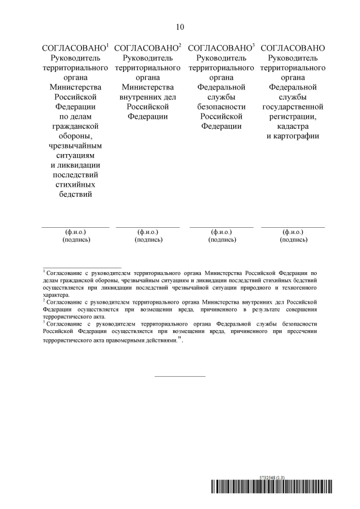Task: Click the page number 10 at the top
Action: tap(180, 26)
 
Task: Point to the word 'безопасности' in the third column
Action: tap(222, 107)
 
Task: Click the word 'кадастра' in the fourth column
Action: tap(293, 127)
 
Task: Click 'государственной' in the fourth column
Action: tap(293, 107)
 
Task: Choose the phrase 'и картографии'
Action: tap(293, 136)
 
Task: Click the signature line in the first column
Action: tap(75, 227)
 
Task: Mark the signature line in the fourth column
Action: tap(293, 227)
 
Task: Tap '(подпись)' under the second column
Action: tap(148, 239)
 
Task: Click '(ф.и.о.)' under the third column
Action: tap(222, 232)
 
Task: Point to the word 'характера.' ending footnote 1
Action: tap(57, 294)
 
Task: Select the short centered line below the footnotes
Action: tap(180, 376)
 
